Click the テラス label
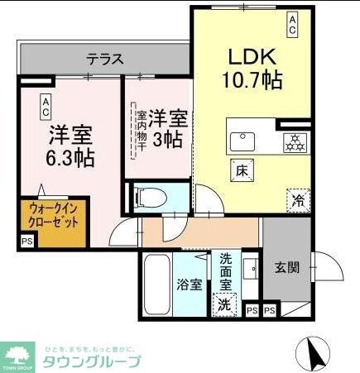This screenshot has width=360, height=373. [x=106, y=60]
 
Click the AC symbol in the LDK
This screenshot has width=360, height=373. [x=293, y=23]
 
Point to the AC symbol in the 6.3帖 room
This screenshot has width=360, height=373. [x=46, y=106]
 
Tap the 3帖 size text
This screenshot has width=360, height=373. [x=169, y=138]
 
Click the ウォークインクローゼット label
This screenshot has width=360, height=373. [x=53, y=216]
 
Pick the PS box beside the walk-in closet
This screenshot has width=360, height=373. [x=27, y=242]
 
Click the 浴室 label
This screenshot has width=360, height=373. [x=190, y=285]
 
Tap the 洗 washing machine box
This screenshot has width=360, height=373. [x=223, y=304]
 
